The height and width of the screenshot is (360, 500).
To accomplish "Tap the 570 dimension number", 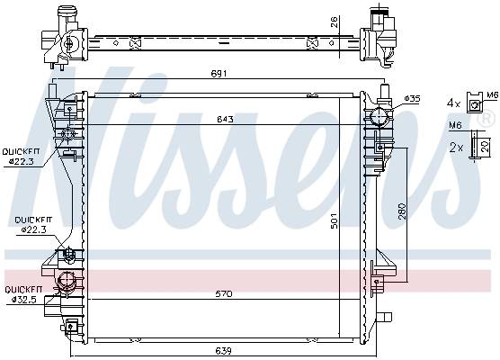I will tap(213, 294).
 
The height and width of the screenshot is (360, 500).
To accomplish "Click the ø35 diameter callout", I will tap(411, 98).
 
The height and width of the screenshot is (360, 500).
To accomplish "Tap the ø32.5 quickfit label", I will tap(19, 299).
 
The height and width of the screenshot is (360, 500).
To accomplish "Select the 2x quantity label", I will tap(455, 146).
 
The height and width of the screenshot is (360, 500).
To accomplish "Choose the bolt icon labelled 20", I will tap(480, 147).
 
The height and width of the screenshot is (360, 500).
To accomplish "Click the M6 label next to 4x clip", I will tap(492, 94).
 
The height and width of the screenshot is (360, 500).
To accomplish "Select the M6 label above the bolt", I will tap(455, 127).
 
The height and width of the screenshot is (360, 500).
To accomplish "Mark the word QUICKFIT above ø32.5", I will tap(19, 290).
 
